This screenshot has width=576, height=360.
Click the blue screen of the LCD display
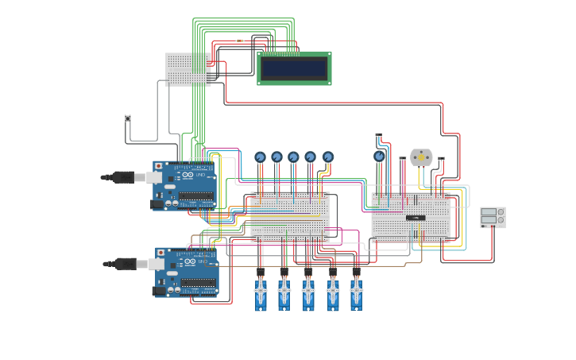click(294, 68)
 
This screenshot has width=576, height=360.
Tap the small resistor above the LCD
click(240, 41)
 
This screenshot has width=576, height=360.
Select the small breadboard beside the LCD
click(188, 68)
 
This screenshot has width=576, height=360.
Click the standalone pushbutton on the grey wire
click(128, 118)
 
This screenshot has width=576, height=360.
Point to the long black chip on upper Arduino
click(196, 195)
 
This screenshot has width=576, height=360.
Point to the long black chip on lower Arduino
click(198, 282)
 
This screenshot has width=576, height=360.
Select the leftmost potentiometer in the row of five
click(260, 157)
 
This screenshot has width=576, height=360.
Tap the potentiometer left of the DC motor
click(380, 157)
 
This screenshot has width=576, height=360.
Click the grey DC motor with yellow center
click(421, 157)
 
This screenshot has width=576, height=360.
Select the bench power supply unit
click(493, 217)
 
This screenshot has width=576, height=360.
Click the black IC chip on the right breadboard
click(415, 217)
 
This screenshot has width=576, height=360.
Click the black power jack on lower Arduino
click(160, 291)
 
